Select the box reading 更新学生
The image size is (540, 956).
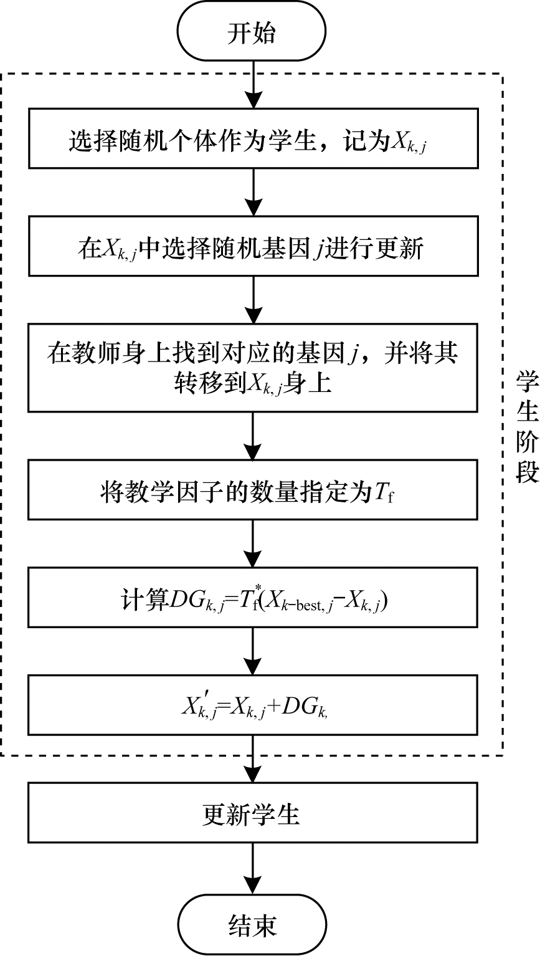(x=252, y=815)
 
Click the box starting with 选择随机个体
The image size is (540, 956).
(x=252, y=143)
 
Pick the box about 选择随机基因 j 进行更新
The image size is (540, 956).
(x=252, y=249)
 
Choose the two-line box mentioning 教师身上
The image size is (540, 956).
(x=252, y=367)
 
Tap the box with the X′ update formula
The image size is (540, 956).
(x=252, y=706)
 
